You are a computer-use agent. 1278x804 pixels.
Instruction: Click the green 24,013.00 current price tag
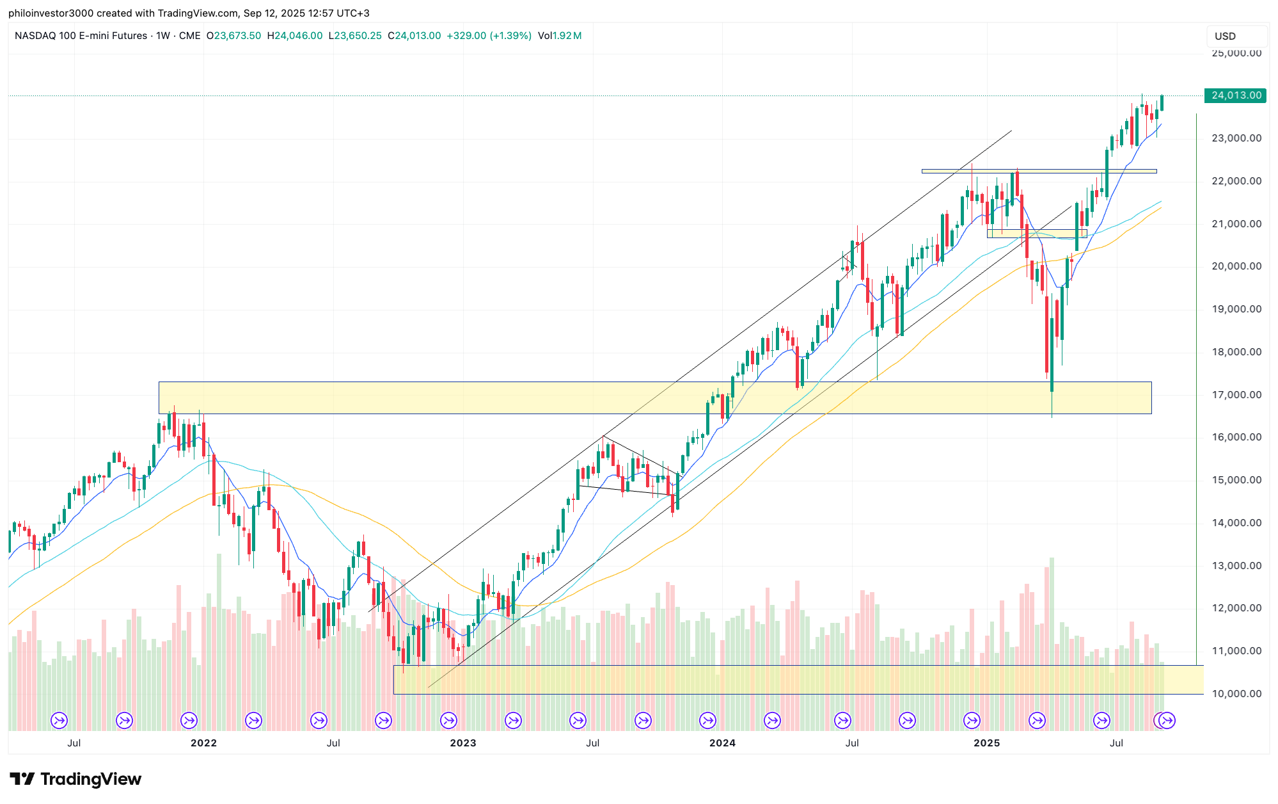click(1235, 95)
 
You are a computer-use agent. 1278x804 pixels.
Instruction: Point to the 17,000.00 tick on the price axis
click(1236, 395)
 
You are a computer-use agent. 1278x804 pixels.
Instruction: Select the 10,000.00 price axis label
click(1236, 694)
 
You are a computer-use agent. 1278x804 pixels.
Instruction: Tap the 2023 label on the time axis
click(462, 743)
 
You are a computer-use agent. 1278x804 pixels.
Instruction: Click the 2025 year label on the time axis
click(986, 743)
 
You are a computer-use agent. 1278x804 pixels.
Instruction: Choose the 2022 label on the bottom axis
click(203, 743)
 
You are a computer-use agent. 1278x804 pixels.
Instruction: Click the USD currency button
click(1225, 36)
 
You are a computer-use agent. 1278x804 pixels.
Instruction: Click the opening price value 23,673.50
click(237, 36)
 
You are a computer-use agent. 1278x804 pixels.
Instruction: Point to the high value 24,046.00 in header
click(298, 36)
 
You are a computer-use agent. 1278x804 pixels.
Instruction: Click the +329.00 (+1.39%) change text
click(489, 36)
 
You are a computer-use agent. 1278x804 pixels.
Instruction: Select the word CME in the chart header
click(189, 36)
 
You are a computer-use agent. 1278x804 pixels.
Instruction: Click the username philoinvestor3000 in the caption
click(51, 13)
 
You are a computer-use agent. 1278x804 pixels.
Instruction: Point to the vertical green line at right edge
click(1196, 384)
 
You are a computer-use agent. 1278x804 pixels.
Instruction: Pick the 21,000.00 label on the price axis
click(1236, 224)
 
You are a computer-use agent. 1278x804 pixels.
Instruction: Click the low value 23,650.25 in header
click(358, 36)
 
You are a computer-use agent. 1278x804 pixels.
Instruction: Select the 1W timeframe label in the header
click(163, 36)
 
